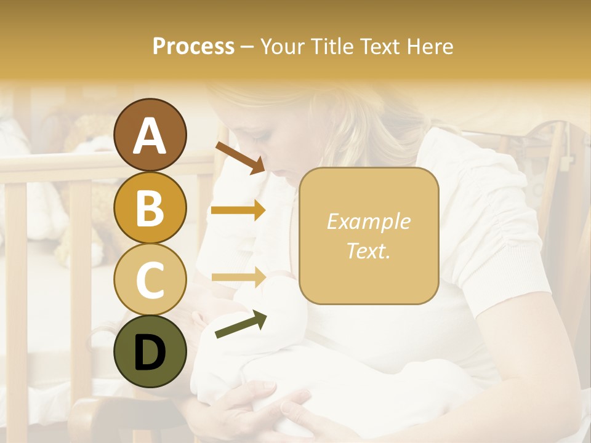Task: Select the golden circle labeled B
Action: pos(150,207)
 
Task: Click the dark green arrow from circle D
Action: pos(241,324)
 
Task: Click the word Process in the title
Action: pos(193,46)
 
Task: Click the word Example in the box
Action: pos(368,221)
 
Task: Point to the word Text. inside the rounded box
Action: pos(368,251)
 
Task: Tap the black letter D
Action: pos(150,353)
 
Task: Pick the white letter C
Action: pos(150,280)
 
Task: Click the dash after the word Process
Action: pos(247,47)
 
